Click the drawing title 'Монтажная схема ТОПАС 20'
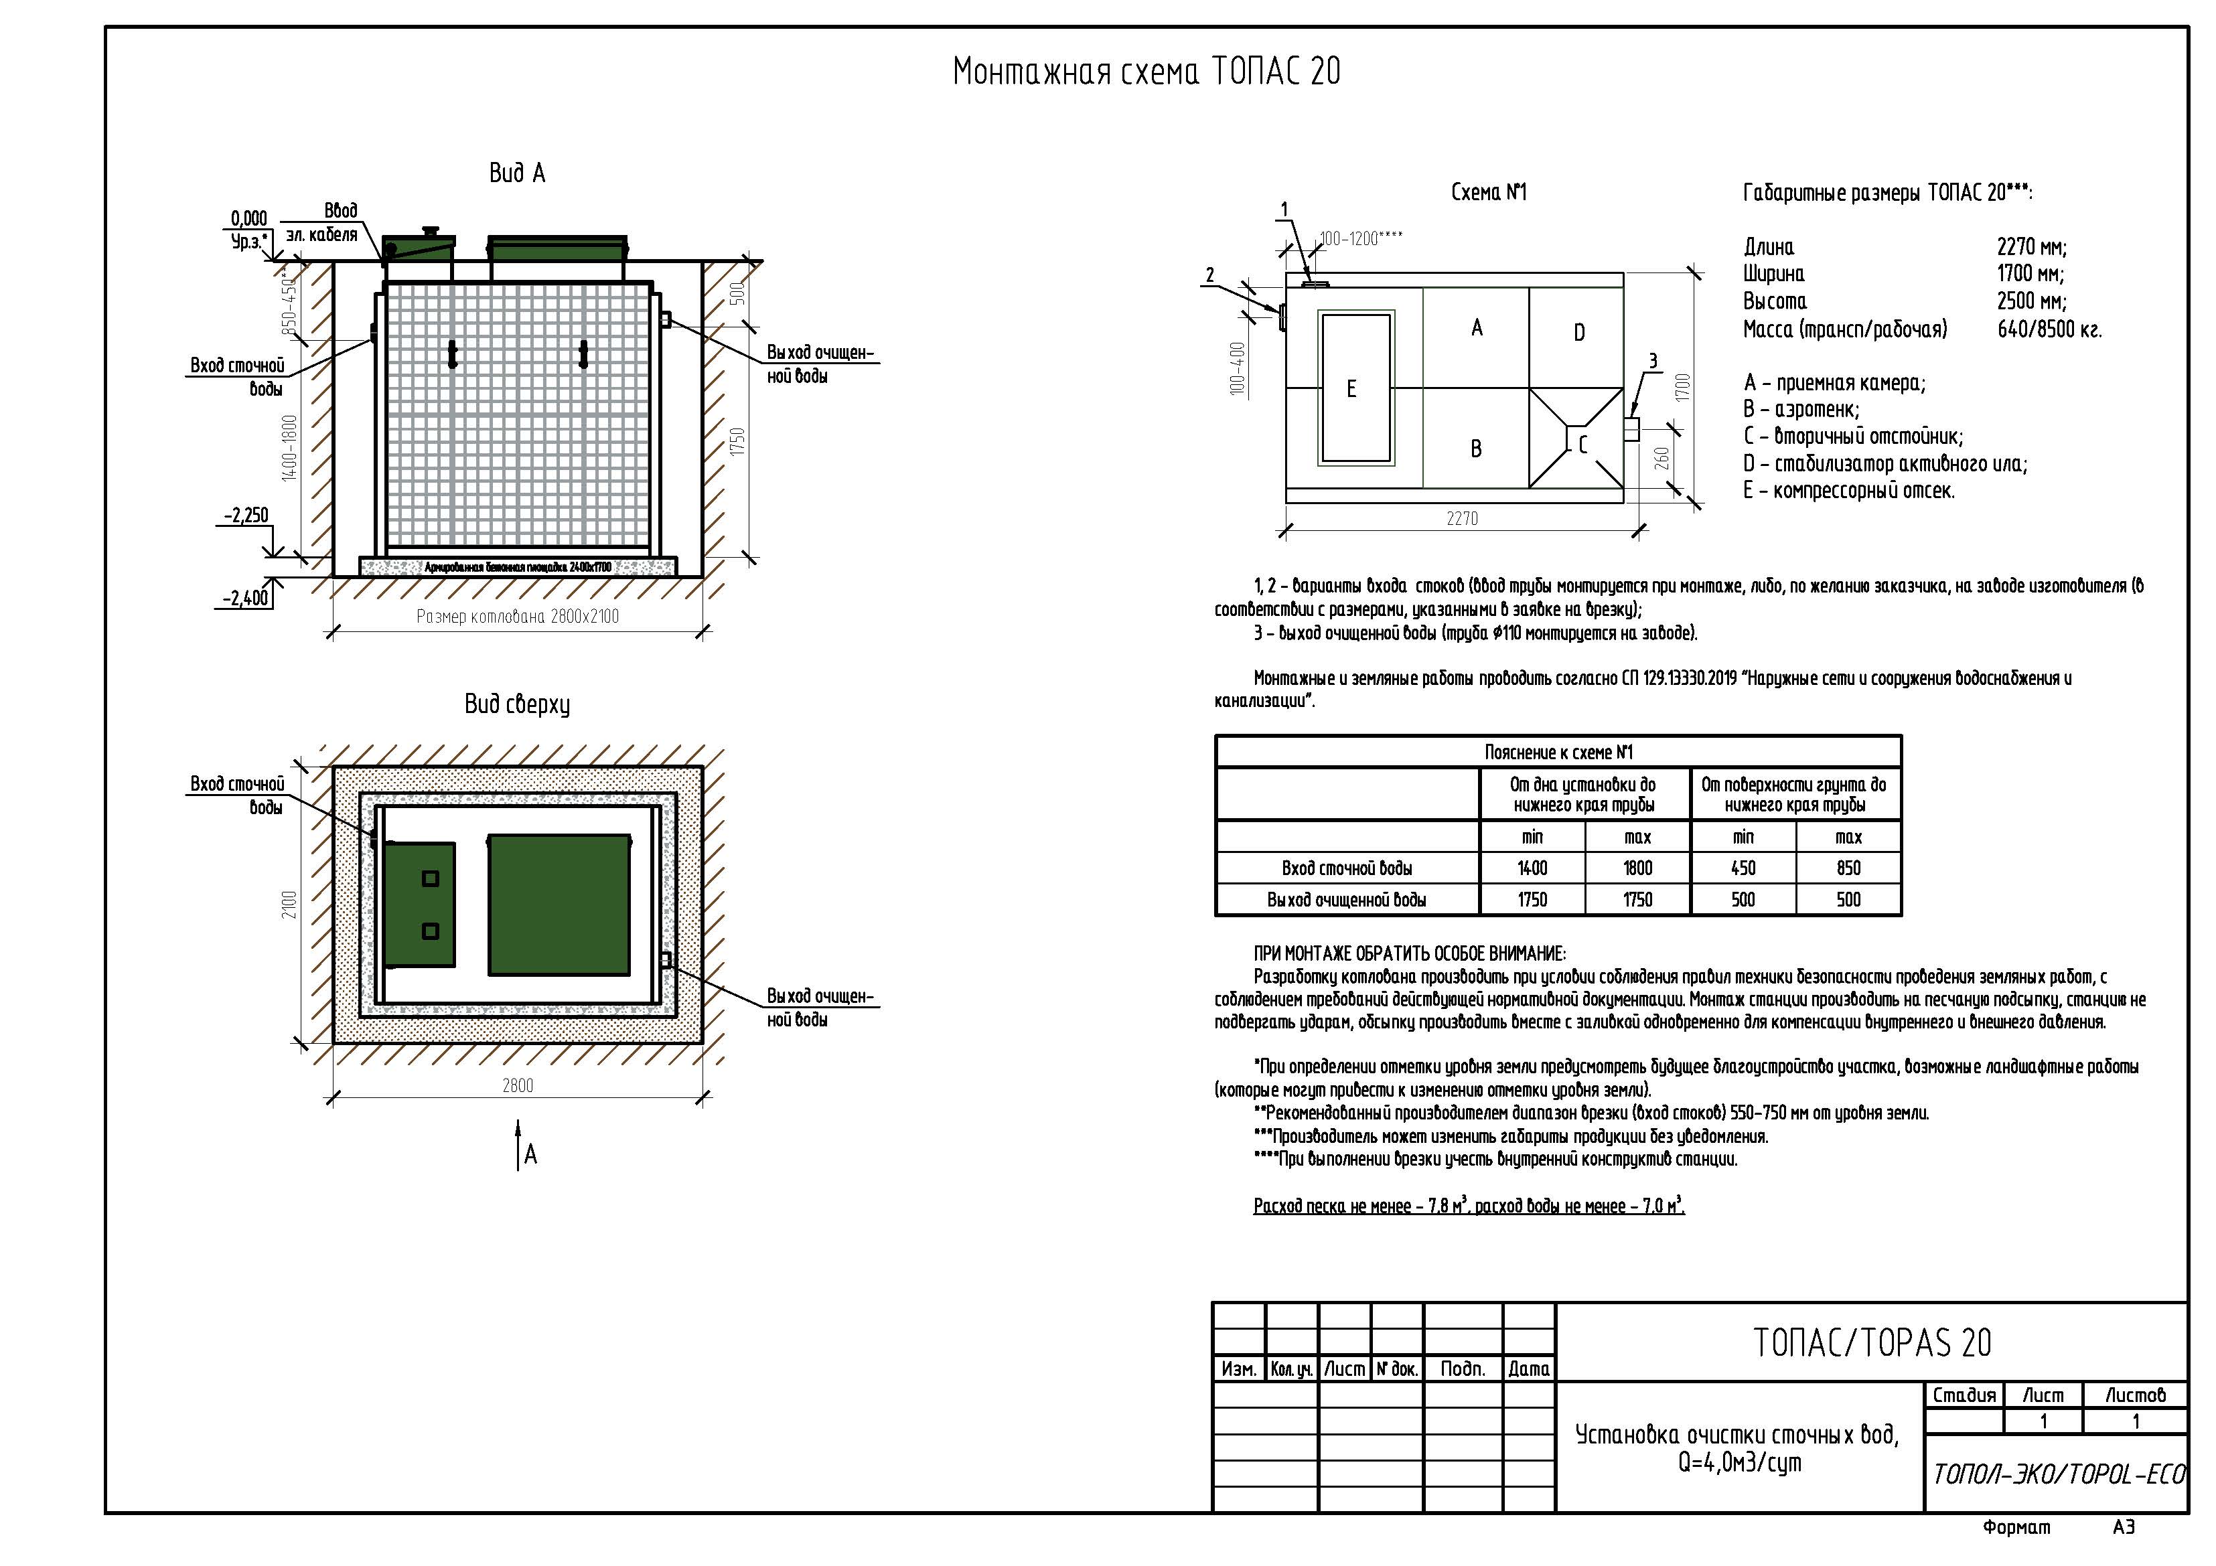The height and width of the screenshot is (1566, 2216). coord(1147,72)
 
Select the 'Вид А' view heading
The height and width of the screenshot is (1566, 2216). coord(517,173)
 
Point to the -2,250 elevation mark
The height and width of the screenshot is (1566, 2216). coord(246,516)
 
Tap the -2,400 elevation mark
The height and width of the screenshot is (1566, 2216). coord(246,599)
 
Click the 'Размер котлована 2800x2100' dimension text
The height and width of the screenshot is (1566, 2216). coord(517,617)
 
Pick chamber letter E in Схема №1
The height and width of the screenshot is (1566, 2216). coord(1351,389)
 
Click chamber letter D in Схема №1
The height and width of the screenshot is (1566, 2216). coord(1579,333)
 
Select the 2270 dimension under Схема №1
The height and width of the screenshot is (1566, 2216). coord(1462,518)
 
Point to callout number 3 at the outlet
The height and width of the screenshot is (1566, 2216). coord(1652,361)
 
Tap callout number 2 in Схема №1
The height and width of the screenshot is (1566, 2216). coord(1210,275)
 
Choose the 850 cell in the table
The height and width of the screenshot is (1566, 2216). coord(1848,868)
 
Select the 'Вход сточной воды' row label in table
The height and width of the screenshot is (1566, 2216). coord(1346,868)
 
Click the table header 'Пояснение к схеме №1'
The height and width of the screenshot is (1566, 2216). coord(1558,753)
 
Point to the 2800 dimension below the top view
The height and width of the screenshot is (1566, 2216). coord(517,1085)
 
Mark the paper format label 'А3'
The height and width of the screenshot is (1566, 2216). coord(2124,1527)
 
